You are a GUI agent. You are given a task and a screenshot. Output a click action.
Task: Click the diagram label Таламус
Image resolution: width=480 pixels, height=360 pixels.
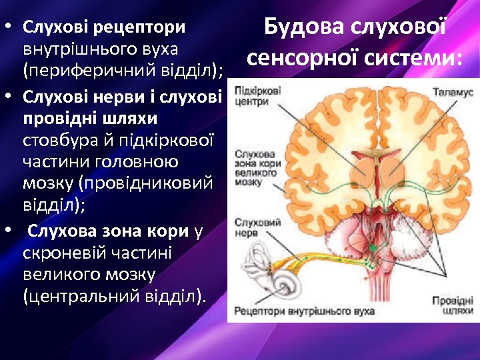pyautogui.click(x=453, y=93)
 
